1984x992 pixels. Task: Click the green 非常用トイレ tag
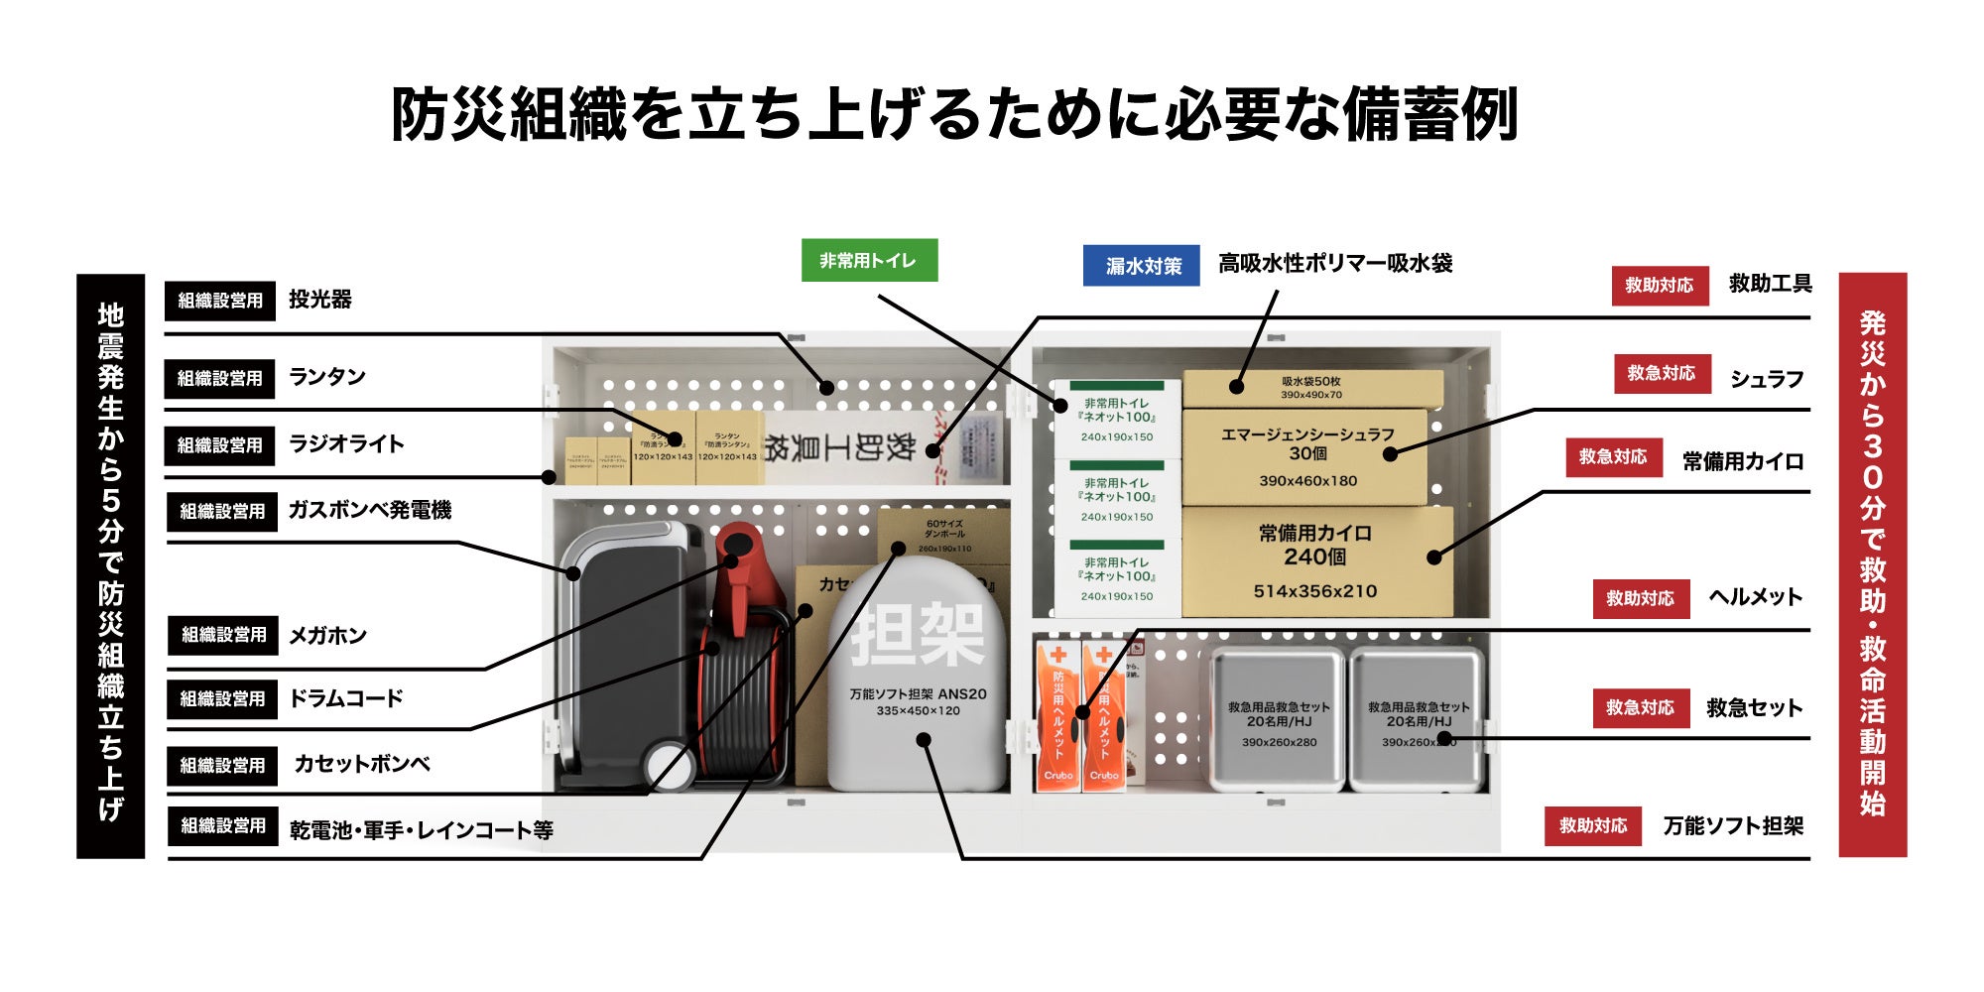[x=869, y=261]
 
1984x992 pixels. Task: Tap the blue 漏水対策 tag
[x=1141, y=266]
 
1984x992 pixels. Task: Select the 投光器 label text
[x=319, y=300]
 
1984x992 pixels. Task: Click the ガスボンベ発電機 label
[x=369, y=510]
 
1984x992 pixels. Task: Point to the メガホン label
[x=327, y=635]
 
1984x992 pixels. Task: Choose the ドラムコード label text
[x=345, y=698]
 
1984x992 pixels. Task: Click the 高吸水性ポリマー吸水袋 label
[x=1335, y=264]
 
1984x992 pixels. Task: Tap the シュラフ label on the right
[x=1767, y=379]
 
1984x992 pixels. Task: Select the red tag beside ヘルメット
[x=1641, y=598]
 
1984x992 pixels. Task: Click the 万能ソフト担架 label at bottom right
[x=1733, y=825]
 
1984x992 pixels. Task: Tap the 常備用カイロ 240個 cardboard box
[x=1315, y=561]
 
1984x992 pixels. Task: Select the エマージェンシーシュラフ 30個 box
[x=1306, y=456]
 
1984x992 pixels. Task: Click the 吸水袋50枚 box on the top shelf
[x=1311, y=388]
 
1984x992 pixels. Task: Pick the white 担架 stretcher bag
[x=918, y=675]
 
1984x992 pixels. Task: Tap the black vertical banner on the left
[x=110, y=565]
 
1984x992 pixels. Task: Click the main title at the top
[x=954, y=114]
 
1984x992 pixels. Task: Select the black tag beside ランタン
[x=219, y=378]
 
